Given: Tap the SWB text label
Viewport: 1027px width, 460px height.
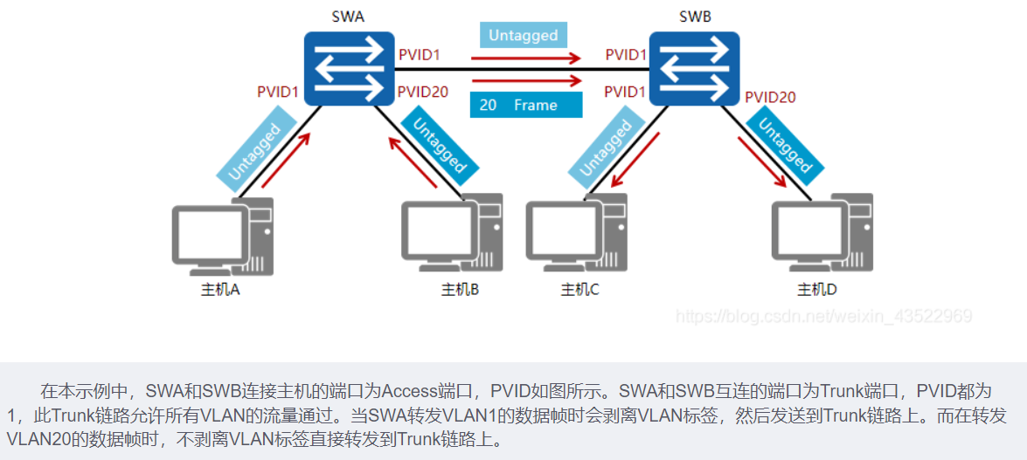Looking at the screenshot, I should click(695, 17).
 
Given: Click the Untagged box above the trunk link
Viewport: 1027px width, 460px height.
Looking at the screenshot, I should click(524, 35).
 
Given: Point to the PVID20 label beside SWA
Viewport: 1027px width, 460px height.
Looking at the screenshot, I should click(424, 91).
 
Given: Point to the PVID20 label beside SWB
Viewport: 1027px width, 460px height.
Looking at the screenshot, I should click(770, 97).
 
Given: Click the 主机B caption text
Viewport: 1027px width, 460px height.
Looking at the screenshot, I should click(460, 289).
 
